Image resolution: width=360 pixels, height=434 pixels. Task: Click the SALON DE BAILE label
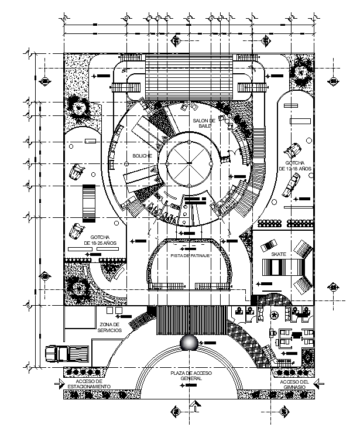click(x=204, y=122)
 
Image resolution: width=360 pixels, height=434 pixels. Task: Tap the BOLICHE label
click(x=142, y=156)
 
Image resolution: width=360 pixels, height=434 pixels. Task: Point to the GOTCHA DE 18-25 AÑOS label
click(x=97, y=239)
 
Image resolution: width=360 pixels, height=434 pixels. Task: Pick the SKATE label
click(x=279, y=254)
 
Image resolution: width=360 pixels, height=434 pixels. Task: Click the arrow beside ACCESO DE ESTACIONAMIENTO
click(x=58, y=384)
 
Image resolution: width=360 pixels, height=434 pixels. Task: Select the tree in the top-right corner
click(x=302, y=73)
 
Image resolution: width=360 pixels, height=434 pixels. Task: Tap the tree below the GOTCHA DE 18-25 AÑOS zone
click(x=78, y=288)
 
